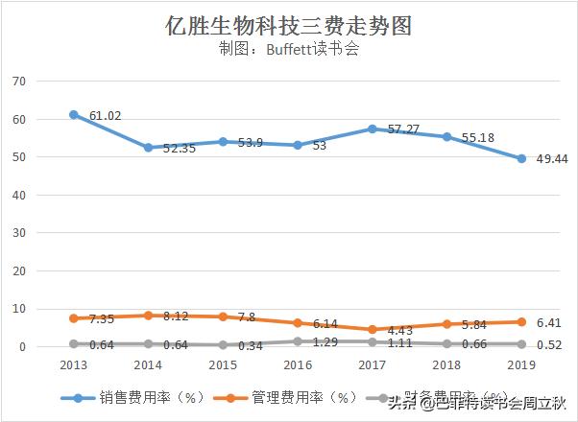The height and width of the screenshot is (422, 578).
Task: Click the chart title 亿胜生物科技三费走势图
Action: point(288,25)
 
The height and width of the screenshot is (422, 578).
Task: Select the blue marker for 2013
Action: point(74,115)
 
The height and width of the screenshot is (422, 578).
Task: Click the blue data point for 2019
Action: point(522,159)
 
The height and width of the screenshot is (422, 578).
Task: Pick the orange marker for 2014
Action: point(148,316)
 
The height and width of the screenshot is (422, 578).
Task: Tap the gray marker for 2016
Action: point(298,341)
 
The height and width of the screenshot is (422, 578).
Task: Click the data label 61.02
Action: point(105,117)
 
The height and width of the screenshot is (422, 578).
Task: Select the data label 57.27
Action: point(403,129)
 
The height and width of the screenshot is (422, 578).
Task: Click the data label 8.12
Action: point(179,316)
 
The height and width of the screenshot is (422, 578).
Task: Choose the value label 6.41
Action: point(549,323)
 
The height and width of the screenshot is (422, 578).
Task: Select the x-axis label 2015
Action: point(223,365)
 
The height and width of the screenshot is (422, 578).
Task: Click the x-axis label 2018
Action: point(447,365)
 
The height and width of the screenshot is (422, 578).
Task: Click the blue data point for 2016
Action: point(298,145)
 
